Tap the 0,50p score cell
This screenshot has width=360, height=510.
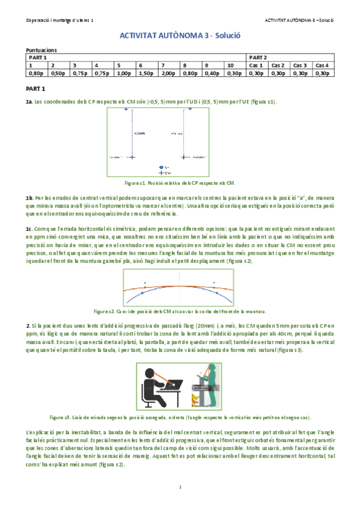point(58,73)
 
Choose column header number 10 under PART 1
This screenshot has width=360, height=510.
point(230,65)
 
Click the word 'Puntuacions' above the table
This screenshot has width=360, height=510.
point(41,51)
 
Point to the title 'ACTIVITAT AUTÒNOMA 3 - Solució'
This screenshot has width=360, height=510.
point(180,36)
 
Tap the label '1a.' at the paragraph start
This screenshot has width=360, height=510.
point(29,102)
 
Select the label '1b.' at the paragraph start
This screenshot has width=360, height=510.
point(29,197)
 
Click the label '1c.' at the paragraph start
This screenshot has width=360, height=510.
point(29,229)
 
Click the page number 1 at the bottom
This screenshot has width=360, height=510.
point(180,487)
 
